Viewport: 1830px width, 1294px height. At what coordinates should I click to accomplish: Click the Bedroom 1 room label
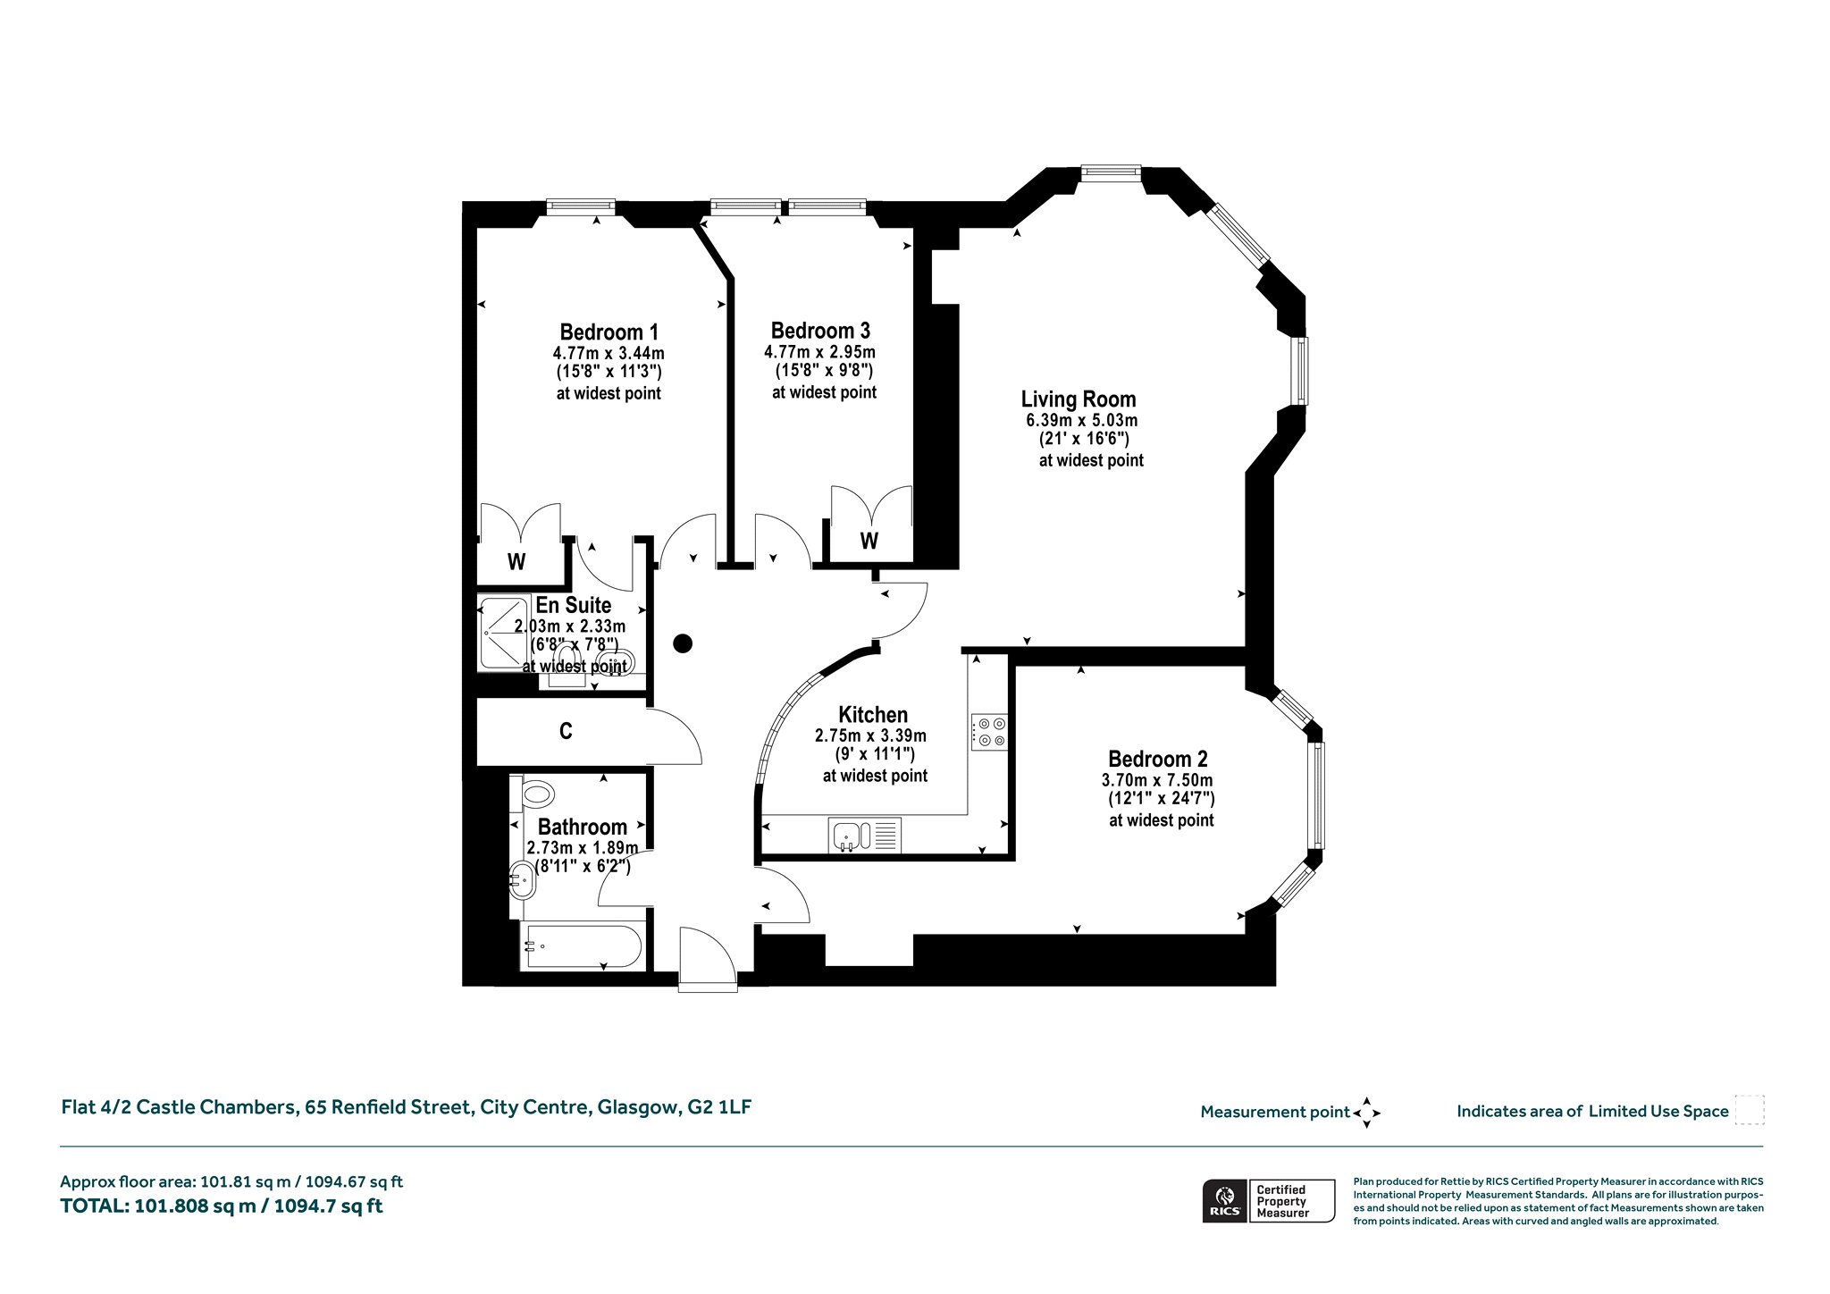tap(609, 332)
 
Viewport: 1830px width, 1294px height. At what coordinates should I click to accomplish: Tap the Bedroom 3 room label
tap(820, 332)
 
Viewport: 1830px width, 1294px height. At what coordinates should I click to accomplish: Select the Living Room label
tap(1079, 399)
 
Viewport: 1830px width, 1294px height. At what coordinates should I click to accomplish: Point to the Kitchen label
tap(873, 715)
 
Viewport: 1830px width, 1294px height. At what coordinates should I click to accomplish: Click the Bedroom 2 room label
tap(1158, 759)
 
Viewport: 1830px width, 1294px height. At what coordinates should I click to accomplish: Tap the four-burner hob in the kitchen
tap(989, 732)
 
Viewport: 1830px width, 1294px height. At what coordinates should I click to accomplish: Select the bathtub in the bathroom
tap(582, 946)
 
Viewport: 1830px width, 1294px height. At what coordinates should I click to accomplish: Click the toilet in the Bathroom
tap(538, 792)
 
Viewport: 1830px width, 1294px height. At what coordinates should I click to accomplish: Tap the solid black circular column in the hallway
tap(684, 643)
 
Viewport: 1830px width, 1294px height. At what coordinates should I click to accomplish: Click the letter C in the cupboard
tap(566, 732)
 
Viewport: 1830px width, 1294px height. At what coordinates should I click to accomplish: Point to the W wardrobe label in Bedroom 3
tap(869, 541)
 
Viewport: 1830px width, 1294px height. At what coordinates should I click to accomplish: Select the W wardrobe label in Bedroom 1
tap(516, 562)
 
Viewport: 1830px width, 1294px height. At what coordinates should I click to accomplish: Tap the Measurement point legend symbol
tap(1366, 1113)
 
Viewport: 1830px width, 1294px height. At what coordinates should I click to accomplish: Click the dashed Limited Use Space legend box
tap(1750, 1110)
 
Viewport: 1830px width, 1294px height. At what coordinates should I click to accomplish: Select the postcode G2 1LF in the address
tap(719, 1107)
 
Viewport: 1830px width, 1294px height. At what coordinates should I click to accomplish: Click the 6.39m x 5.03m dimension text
tap(1081, 420)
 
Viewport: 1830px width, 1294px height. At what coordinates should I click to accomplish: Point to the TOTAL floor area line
tap(222, 1206)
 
